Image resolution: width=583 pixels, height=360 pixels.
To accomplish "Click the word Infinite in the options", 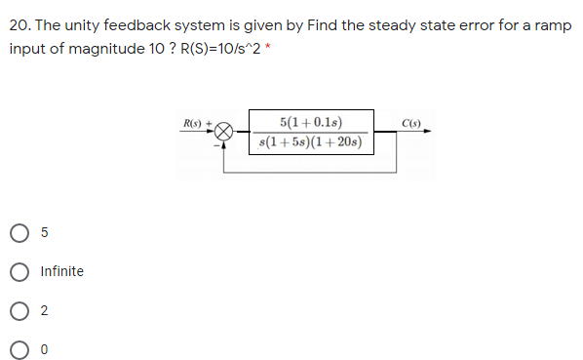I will pos(62,271).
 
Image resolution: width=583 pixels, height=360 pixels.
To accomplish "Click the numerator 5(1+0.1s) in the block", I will pos(310,122).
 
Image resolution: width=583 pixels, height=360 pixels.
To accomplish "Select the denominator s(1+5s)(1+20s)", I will pos(310,142).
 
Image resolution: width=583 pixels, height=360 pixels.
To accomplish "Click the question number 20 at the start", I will pos(19,24).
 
